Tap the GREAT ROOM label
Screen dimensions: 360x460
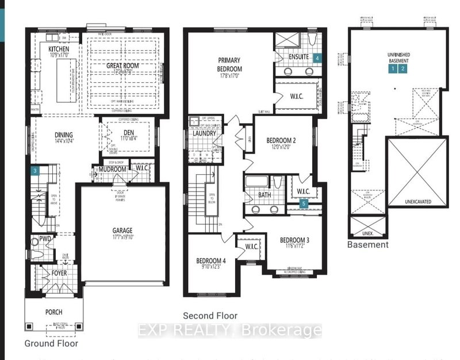pos(122,66)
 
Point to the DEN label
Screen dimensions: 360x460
pos(128,132)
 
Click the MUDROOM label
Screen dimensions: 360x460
pos(112,170)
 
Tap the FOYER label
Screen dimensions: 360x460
pos(59,274)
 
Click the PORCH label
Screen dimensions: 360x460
pos(51,312)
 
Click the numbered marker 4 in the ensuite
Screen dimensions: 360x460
pos(317,58)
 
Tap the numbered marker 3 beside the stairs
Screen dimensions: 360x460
pos(36,170)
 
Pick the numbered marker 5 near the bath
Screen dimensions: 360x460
pos(304,203)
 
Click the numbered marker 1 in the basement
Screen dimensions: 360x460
pos(392,68)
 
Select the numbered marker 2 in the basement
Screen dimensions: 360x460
pos(403,68)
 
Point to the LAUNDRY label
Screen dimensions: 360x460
pos(204,133)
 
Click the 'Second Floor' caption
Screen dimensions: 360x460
pos(210,316)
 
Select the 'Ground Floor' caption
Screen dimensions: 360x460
pos(51,343)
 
